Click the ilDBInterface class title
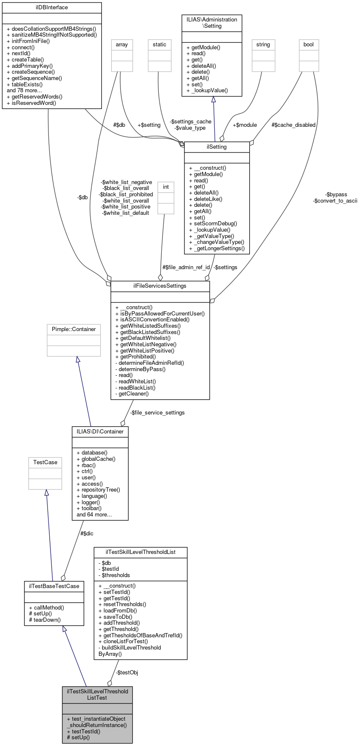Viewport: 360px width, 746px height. tap(52, 8)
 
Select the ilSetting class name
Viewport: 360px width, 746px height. tap(217, 147)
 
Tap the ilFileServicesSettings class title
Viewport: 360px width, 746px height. tap(160, 286)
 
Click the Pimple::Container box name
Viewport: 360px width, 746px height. tap(74, 329)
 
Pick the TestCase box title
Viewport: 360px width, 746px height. tap(45, 463)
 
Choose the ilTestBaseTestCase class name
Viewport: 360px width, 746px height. tap(54, 586)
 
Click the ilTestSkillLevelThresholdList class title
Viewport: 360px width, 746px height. tap(140, 552)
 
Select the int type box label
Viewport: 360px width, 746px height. tap(166, 187)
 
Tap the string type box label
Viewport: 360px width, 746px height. tap(263, 45)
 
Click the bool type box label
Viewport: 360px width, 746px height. tap(309, 45)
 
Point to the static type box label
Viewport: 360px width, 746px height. tap(160, 45)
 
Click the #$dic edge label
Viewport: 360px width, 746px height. tap(87, 533)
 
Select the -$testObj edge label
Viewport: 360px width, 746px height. tap(127, 672)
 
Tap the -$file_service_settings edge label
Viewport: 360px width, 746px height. tap(157, 412)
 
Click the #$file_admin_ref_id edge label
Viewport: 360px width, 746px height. tap(186, 267)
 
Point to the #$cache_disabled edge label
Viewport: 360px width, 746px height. tap(293, 125)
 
